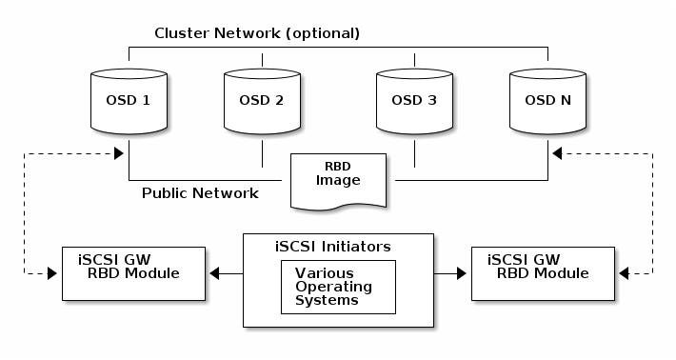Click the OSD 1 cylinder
coord(129,101)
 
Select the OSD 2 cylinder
coord(262,101)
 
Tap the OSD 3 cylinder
coord(414,101)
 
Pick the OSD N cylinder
coord(548,101)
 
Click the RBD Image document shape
coord(338,181)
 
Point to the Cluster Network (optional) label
coord(257,33)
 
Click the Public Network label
coord(200,192)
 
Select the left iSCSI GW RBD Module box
coord(133,273)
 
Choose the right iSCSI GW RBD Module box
coord(544,273)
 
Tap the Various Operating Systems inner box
coord(338,287)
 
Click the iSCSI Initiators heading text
coord(333,247)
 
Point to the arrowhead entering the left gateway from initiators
coord(214,273)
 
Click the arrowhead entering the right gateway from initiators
coord(462,273)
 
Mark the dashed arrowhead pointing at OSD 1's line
coord(119,153)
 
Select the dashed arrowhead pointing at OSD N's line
coord(557,153)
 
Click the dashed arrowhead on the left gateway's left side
coord(52,273)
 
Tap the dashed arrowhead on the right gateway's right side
coord(624,273)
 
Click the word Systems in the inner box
coord(327,300)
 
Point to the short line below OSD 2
coord(262,153)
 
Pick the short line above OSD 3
coord(415,60)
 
